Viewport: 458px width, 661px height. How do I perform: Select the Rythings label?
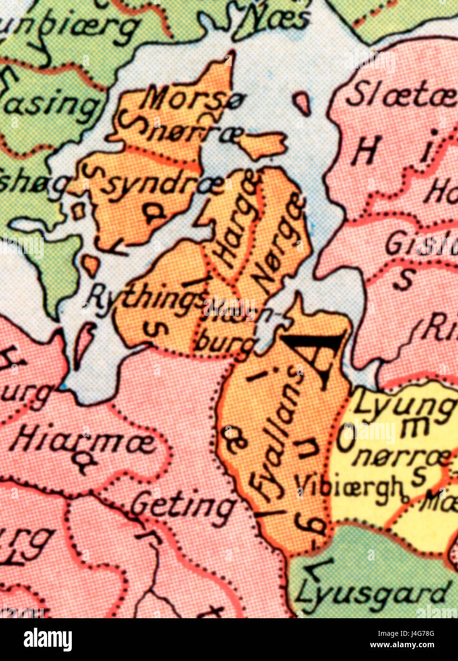[146, 298]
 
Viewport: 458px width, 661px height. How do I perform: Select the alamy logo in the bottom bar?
[48, 640]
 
